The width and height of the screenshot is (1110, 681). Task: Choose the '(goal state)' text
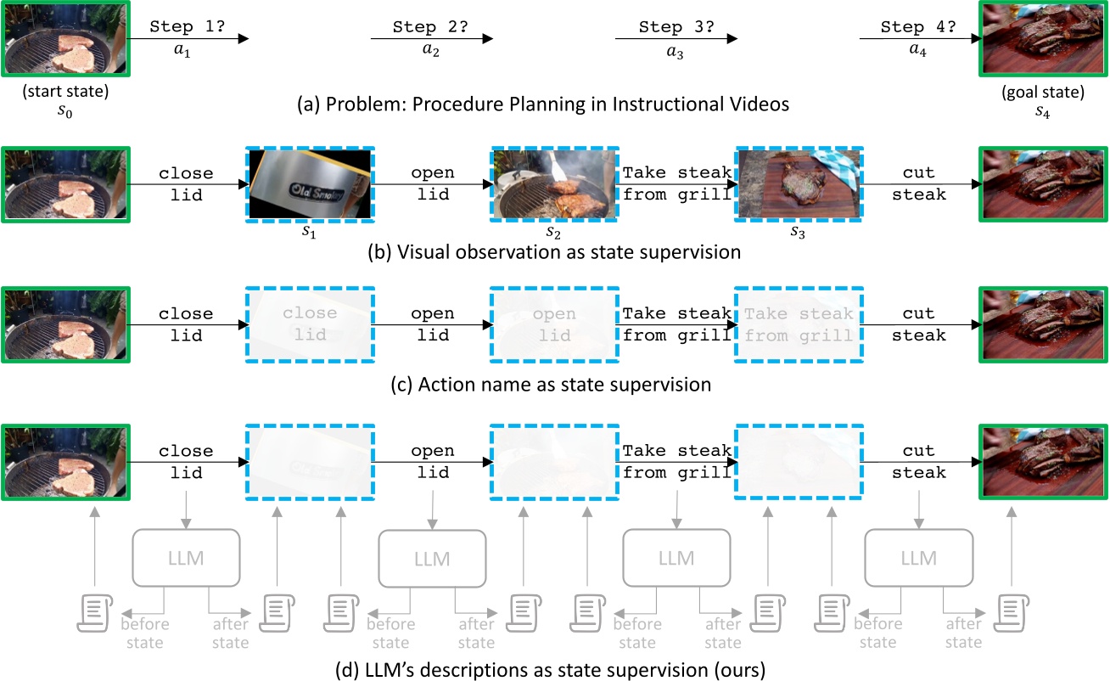coord(1044,92)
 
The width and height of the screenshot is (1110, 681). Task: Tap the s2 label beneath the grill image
coord(553,233)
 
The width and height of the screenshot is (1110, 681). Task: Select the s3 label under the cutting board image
coord(799,233)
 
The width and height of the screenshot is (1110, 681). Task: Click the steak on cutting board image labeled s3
coord(799,184)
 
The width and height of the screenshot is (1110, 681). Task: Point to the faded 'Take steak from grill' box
coord(799,324)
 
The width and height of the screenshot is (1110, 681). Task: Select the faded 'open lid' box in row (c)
coord(553,324)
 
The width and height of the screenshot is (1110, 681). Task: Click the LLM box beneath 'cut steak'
coord(918,558)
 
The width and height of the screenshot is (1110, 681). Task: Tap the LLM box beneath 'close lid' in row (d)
coord(187,558)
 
